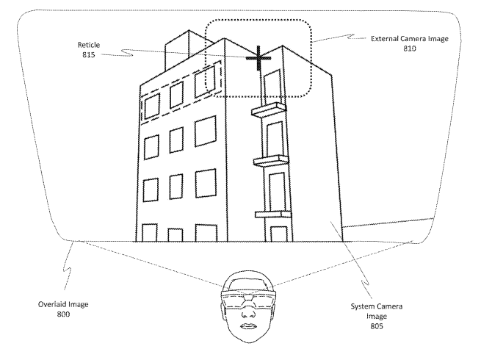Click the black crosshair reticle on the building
click(258, 58)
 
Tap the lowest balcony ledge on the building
click(273, 214)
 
